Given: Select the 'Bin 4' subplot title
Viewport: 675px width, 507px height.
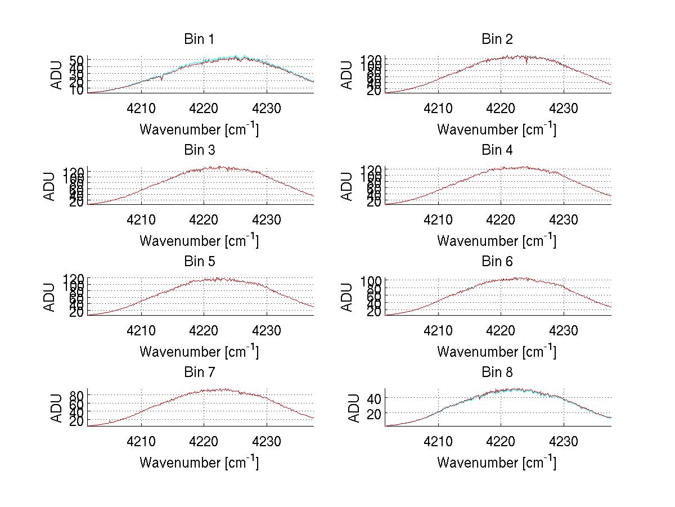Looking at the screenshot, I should [x=497, y=150].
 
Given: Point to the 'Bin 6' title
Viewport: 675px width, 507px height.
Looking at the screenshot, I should [x=497, y=262].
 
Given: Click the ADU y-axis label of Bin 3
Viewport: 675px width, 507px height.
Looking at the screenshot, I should [x=50, y=186].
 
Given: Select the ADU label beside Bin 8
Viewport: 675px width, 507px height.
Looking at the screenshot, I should [x=348, y=408].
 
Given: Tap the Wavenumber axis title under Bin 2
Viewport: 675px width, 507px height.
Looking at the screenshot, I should [x=497, y=129].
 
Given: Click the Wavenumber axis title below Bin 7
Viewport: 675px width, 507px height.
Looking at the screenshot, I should [x=199, y=462].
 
